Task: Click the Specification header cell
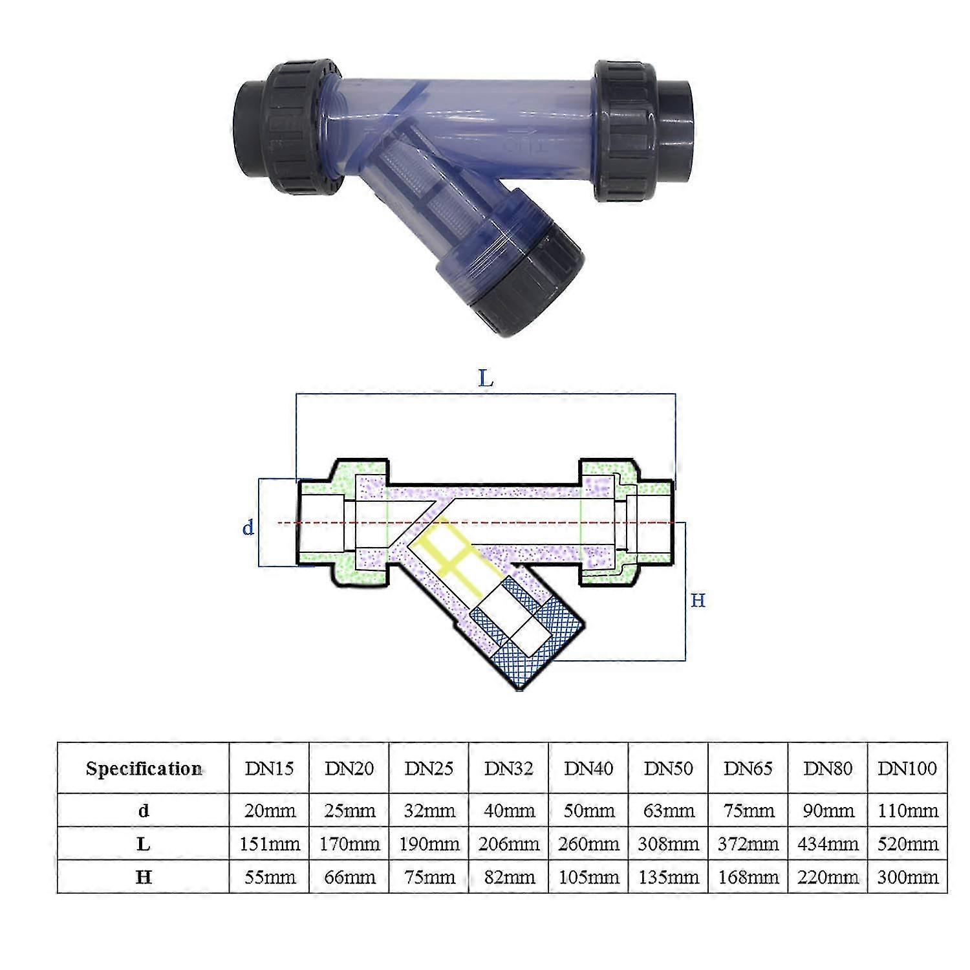144,769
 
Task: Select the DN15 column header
269,768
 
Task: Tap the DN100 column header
907,768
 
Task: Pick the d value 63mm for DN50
669,810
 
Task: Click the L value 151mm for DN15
270,844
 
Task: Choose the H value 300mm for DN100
908,878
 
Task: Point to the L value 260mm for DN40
589,844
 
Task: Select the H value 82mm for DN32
509,878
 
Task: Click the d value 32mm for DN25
429,810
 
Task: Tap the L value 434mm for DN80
828,844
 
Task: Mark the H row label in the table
144,878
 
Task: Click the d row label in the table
144,810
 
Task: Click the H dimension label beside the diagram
698,601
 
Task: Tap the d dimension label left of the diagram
248,528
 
